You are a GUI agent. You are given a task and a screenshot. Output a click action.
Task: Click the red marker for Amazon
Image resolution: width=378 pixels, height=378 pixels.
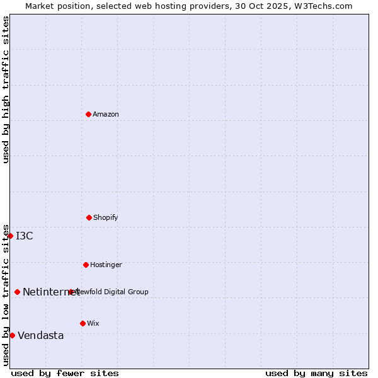[x=88, y=114]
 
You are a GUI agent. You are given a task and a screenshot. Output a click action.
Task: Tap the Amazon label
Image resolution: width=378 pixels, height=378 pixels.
[x=106, y=114]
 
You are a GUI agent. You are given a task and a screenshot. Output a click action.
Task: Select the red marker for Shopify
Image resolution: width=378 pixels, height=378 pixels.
[x=89, y=217]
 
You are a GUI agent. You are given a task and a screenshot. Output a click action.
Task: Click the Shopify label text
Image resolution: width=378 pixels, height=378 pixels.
[x=105, y=217]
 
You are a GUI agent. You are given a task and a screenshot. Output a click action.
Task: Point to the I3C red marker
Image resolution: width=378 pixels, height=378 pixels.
[x=11, y=236]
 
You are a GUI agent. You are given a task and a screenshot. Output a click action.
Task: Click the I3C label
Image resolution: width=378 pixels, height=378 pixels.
[x=25, y=236]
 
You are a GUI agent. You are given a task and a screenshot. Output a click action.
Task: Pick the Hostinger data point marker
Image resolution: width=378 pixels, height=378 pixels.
[x=86, y=265]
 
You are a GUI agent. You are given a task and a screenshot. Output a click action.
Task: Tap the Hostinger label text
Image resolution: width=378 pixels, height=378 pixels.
[x=106, y=265]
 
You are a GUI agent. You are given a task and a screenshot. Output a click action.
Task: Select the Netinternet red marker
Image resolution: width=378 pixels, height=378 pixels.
[x=17, y=292]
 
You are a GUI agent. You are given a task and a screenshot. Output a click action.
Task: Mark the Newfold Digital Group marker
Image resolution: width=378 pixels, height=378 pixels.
[x=71, y=292]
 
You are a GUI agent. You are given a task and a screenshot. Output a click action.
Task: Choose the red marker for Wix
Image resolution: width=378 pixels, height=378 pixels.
[x=83, y=323]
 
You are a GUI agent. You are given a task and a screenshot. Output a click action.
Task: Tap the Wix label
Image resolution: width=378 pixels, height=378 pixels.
[x=93, y=323]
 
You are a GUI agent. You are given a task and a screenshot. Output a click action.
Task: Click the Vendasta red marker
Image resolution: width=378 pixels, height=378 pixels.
[x=12, y=335]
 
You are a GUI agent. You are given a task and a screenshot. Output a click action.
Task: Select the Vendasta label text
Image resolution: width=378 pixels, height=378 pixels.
[x=41, y=335]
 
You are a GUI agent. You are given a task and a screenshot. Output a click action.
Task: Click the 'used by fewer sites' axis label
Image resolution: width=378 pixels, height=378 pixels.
[x=65, y=373]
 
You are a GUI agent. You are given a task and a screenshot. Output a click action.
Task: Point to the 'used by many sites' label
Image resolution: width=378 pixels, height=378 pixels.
[x=316, y=373]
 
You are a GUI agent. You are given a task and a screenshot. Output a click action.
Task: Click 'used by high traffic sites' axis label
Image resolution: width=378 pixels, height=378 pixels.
[x=6, y=89]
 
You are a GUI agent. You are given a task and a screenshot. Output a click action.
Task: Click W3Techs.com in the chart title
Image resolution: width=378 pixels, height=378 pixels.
[x=319, y=6]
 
